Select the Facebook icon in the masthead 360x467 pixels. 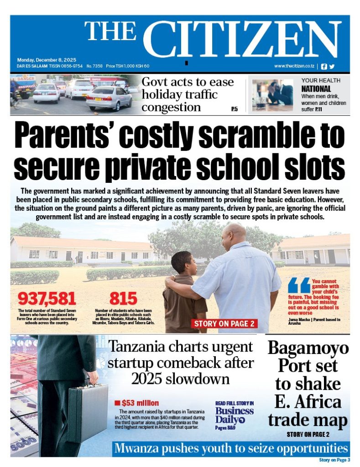(324, 66)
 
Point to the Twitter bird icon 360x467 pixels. (332, 66)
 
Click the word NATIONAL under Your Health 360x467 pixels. (316, 89)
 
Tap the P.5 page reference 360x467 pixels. (234, 109)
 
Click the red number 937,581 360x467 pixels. (47, 299)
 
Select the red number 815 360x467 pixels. (123, 299)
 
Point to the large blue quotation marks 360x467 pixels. (299, 285)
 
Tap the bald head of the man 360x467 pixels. (234, 233)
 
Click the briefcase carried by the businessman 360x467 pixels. (88, 413)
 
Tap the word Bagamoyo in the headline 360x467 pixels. (308, 348)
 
